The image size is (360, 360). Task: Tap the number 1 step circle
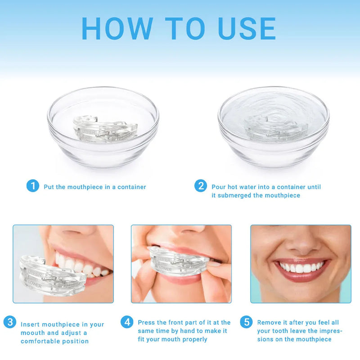pos(32,186)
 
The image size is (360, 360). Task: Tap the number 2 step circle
pos(201,186)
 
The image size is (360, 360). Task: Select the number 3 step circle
pos(10,322)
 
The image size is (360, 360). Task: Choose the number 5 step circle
pos(246,322)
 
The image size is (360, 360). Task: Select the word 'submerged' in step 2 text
pos(238,195)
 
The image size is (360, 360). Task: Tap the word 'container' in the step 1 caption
pos(132,187)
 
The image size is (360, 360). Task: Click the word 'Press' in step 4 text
pos(146,323)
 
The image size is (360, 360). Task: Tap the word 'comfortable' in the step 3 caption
pos(44,342)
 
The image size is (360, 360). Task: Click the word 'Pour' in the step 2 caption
pos(219,187)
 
